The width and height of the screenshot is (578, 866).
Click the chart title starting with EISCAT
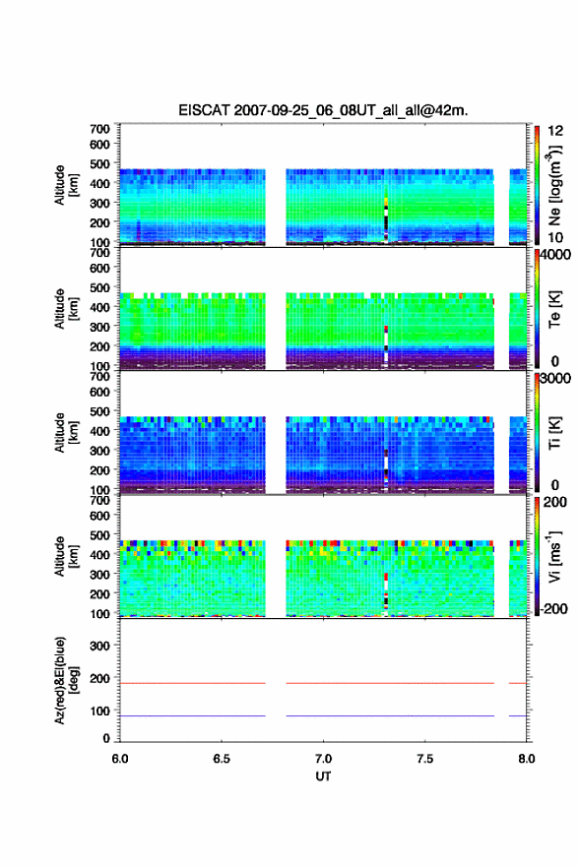point(323,110)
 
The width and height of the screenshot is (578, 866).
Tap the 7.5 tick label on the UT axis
point(425,759)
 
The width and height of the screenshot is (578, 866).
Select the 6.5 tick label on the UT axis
point(222,759)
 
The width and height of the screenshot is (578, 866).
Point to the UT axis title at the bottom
point(323,776)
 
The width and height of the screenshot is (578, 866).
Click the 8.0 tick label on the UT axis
point(527,759)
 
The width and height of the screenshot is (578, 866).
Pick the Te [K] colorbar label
point(554,309)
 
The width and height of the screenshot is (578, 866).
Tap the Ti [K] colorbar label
point(554,433)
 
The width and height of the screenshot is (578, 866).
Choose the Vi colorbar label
point(555,556)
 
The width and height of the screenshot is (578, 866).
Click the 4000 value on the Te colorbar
point(556,255)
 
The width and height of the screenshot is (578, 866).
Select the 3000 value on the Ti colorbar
point(556,378)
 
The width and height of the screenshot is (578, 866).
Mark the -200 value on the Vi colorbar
point(552,608)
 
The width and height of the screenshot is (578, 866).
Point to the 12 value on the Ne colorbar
point(555,131)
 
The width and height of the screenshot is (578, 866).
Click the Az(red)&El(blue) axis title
point(66,680)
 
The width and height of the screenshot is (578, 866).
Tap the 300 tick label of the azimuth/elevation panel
point(100,646)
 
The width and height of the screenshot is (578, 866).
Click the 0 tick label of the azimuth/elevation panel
point(106,738)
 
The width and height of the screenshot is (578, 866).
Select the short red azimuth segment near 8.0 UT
point(518,683)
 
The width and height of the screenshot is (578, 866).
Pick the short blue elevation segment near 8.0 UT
point(518,715)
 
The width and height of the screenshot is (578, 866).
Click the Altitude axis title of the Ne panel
point(66,185)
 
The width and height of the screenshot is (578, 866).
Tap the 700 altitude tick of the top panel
point(100,129)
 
